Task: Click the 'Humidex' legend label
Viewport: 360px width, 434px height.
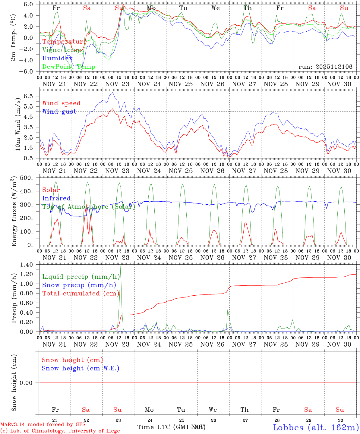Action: (57, 58)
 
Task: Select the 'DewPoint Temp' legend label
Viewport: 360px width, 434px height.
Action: (69, 67)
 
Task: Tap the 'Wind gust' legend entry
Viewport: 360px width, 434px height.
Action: (59, 112)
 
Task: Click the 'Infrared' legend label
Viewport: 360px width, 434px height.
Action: (56, 198)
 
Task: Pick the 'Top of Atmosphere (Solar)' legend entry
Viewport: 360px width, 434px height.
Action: (88, 207)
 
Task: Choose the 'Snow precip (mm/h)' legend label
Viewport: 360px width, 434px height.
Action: (79, 285)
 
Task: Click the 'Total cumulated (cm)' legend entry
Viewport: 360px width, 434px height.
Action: (81, 294)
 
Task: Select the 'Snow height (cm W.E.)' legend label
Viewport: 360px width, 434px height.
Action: (81, 368)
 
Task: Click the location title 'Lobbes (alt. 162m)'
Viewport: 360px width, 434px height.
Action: (316, 427)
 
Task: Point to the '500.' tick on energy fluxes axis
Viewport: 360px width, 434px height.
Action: (27, 178)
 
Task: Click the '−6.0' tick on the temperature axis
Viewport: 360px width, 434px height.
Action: (27, 72)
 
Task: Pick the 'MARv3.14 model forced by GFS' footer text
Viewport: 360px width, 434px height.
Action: (43, 425)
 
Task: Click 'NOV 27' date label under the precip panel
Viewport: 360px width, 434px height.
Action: (244, 344)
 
